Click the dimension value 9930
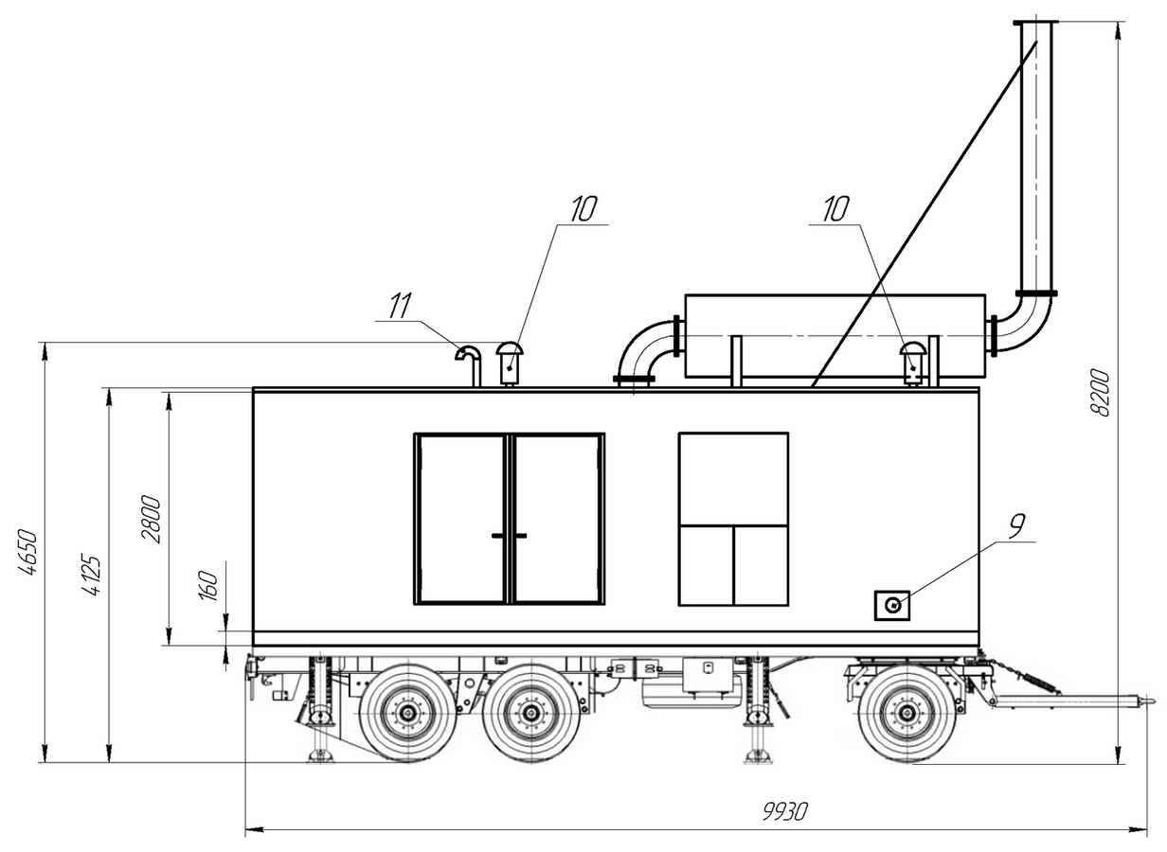[783, 811]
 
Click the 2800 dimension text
[152, 518]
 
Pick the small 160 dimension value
[211, 584]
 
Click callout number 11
[400, 306]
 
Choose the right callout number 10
[835, 208]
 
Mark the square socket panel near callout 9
[891, 605]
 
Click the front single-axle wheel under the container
[907, 713]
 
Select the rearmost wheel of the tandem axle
[408, 713]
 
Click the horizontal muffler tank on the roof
[834, 336]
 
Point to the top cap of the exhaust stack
[1035, 23]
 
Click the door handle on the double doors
[510, 536]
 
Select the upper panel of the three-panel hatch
[733, 479]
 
